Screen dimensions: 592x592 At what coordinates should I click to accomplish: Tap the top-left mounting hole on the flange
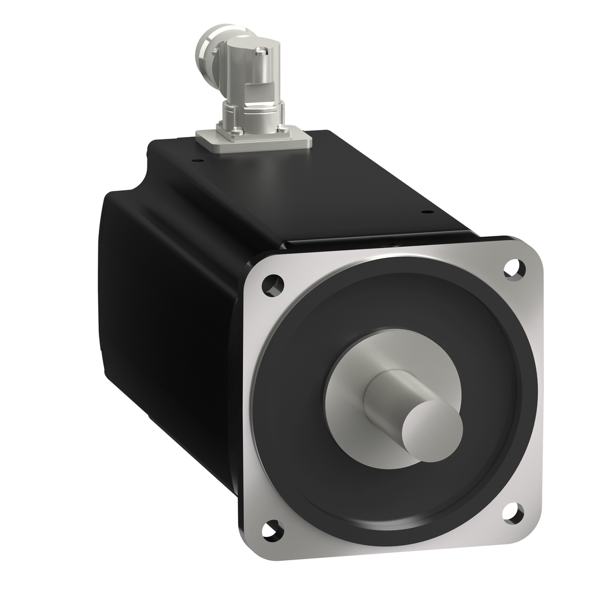272,285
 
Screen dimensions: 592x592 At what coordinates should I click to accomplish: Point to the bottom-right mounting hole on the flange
513,513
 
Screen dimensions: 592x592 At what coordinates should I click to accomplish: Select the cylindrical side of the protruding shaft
393,393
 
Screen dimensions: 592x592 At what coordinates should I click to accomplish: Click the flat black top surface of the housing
324,185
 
